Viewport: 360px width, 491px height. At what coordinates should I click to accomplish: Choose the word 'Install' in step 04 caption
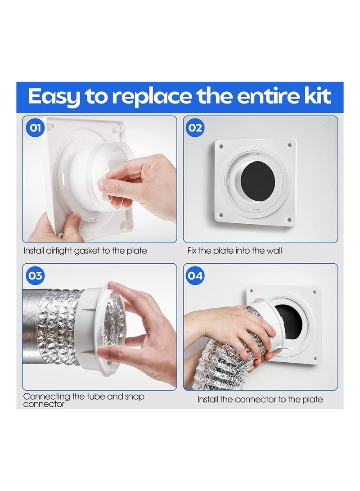[209, 399]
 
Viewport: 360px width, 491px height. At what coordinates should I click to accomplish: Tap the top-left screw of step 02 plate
[222, 145]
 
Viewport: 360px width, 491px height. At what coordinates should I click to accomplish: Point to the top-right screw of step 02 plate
[289, 145]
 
